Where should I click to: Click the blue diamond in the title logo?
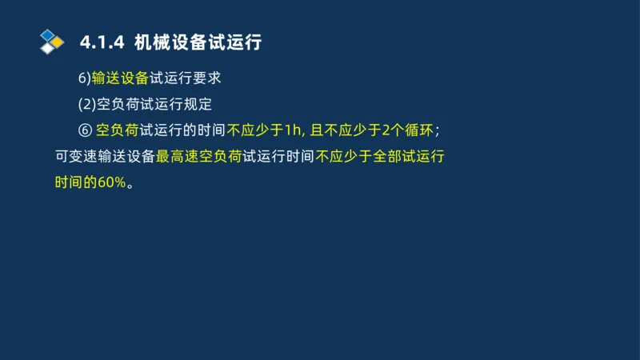point(48,34)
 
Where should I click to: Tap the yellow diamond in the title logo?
point(58,42)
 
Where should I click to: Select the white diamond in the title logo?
point(48,48)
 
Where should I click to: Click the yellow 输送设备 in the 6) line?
point(121,78)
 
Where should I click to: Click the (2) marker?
point(86,104)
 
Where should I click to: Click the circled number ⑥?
point(85,130)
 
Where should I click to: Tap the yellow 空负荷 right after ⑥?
point(117,130)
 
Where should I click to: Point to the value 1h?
point(293,130)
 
